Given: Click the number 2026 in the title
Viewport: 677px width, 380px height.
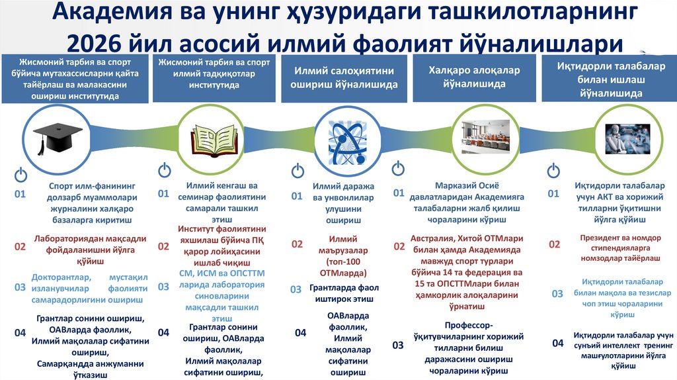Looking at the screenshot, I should (x=118, y=44).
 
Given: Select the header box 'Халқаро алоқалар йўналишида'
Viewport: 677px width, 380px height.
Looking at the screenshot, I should (x=473, y=77).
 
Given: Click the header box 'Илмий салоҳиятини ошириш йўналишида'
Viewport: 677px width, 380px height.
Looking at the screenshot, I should (x=345, y=77).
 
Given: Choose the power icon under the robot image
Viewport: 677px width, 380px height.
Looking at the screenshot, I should (x=553, y=171).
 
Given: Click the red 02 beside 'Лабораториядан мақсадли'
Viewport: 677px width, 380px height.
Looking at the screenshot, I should (x=20, y=247).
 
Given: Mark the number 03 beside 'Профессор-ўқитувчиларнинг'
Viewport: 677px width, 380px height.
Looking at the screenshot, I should (x=398, y=345).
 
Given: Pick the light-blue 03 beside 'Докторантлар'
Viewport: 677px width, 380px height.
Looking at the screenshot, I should (x=20, y=287).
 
